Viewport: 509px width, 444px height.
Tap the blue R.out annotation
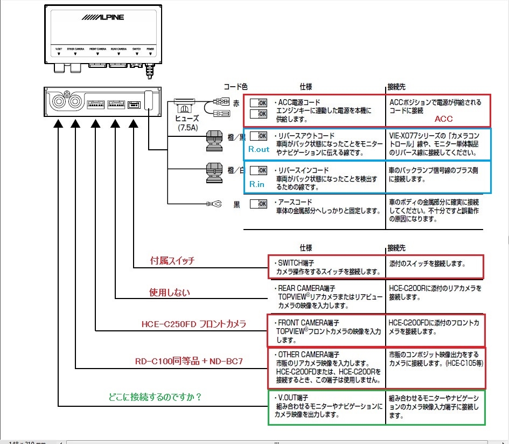pyautogui.click(x=259, y=149)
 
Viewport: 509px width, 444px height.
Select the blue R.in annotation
pyautogui.click(x=257, y=184)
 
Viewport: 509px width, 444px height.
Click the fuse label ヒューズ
pyautogui.click(x=187, y=119)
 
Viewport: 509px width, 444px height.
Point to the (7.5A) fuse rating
pyautogui.click(x=187, y=128)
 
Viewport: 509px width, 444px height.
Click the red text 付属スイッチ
pyautogui.click(x=172, y=261)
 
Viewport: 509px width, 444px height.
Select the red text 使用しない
pyautogui.click(x=170, y=293)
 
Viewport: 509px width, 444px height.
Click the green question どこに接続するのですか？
pyautogui.click(x=155, y=397)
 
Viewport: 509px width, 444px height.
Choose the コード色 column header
pyautogui.click(x=235, y=86)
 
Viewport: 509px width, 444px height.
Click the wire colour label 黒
pyautogui.click(x=236, y=205)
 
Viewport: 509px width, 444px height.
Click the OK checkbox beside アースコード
pyautogui.click(x=259, y=204)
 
